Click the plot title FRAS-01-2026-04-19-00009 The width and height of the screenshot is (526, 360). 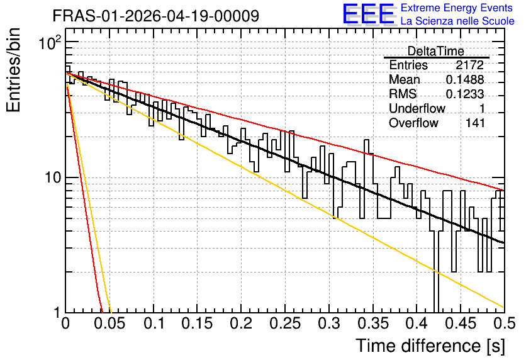[156, 16]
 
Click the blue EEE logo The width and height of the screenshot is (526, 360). [368, 14]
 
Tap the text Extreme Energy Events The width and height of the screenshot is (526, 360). [457, 8]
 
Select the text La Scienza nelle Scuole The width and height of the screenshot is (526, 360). [457, 21]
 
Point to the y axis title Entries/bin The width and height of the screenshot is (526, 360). [13, 70]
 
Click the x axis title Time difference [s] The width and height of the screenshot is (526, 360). [430, 346]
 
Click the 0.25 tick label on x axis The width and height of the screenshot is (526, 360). [286, 323]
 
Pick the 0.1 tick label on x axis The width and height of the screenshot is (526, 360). [154, 323]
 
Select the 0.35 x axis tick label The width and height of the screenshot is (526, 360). [373, 323]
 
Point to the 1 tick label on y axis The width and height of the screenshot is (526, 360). [57, 313]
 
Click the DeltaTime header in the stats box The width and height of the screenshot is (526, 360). [436, 51]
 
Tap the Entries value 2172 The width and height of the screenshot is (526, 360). [469, 65]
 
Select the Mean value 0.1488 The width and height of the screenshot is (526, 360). [465, 79]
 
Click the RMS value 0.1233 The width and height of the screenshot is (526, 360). [465, 94]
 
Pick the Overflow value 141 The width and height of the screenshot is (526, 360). [475, 123]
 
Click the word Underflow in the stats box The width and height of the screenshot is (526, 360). [417, 108]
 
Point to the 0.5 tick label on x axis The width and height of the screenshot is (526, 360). [505, 323]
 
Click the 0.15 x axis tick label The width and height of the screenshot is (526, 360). [198, 323]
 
